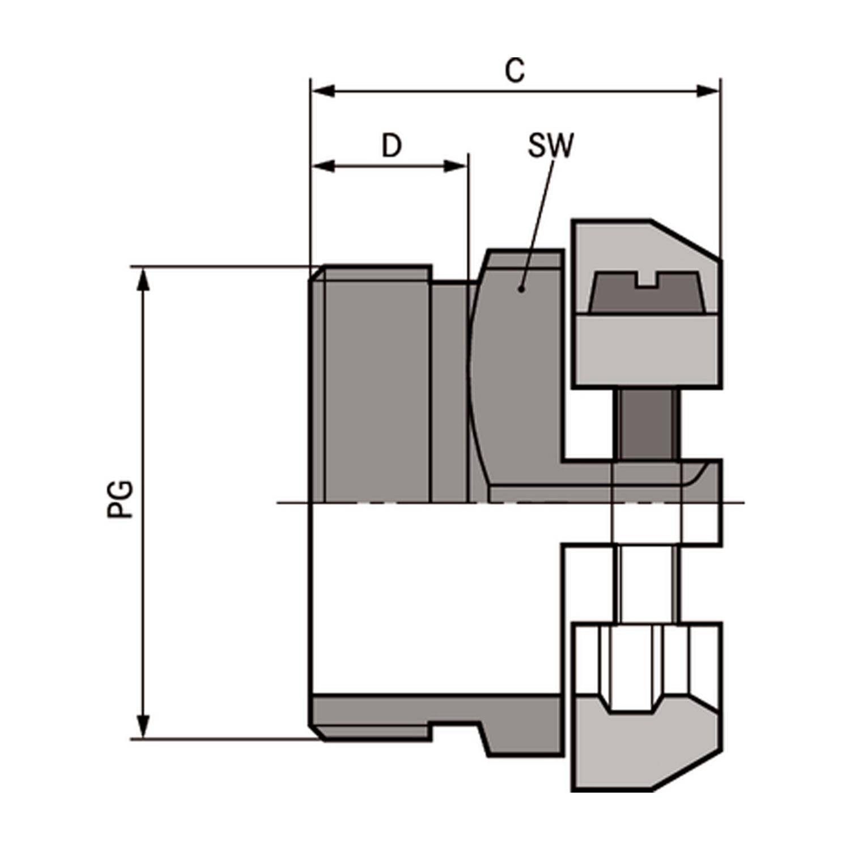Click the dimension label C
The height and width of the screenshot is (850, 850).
(515, 71)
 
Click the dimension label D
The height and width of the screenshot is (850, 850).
(392, 146)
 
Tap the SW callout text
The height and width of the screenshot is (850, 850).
(550, 146)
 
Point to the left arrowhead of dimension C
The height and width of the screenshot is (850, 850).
(324, 91)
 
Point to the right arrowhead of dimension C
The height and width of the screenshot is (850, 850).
(708, 91)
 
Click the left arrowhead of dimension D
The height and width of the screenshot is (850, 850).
(324, 167)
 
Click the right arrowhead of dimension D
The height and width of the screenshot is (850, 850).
(455, 167)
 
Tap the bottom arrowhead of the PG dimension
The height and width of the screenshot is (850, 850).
(144, 726)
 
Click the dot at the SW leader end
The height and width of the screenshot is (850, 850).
(521, 289)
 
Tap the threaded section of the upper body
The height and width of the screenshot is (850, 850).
(374, 385)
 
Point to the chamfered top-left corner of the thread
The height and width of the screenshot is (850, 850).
(317, 273)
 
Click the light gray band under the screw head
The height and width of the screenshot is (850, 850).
(646, 348)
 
